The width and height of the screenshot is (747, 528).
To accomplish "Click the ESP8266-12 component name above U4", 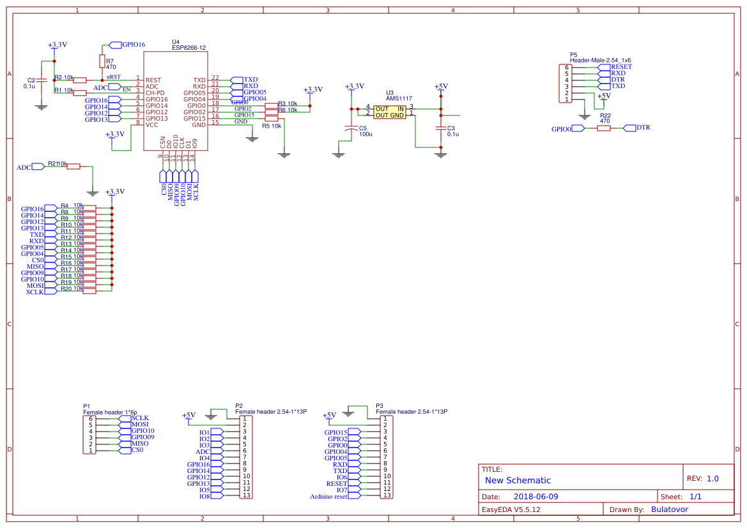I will [x=189, y=48].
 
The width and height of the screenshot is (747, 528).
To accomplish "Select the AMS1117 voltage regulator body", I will [x=389, y=112].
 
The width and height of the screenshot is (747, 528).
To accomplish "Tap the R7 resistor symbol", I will [x=102, y=60].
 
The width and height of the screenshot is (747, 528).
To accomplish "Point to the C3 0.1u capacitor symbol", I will [x=440, y=128].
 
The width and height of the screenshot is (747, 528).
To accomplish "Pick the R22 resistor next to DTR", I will [x=604, y=128].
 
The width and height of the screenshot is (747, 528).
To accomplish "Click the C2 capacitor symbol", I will [x=42, y=81].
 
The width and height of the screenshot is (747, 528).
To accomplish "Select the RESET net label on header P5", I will [x=621, y=66].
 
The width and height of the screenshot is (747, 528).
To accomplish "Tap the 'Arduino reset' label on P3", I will [x=328, y=496].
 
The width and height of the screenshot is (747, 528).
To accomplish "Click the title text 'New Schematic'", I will [x=518, y=480].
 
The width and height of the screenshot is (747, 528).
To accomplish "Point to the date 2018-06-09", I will [x=536, y=496].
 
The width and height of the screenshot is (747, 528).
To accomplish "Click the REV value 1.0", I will [x=712, y=478].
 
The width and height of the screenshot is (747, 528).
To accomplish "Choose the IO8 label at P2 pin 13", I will [x=204, y=496].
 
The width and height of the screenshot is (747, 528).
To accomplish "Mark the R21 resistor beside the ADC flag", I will [x=73, y=167].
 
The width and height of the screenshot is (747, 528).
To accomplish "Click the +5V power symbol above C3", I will [x=440, y=87].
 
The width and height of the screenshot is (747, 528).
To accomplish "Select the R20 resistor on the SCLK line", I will [x=89, y=291].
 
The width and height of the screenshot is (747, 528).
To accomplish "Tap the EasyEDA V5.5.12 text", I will [x=511, y=509].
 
